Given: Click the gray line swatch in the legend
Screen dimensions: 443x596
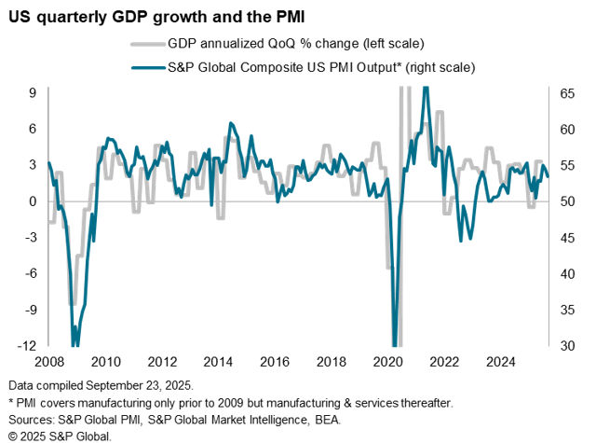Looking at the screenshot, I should pos(146,43).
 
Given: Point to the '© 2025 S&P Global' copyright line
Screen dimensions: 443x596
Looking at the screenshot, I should pos(61,434).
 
